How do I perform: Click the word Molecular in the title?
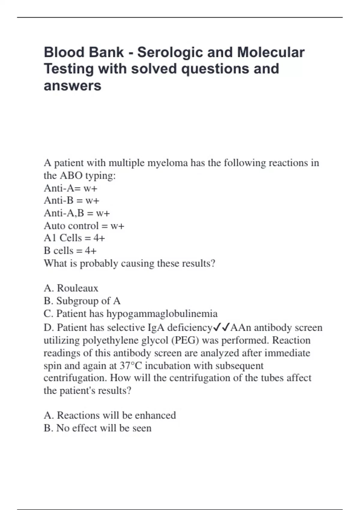271,52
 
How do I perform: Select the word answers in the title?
72,86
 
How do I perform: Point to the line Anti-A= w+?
70,188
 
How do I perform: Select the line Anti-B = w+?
71,200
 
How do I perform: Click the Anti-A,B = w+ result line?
77,213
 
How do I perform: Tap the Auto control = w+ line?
84,226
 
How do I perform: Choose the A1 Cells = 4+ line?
74,238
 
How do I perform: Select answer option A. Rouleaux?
71,288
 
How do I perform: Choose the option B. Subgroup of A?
82,301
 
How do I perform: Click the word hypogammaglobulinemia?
162,313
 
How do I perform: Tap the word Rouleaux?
77,288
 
